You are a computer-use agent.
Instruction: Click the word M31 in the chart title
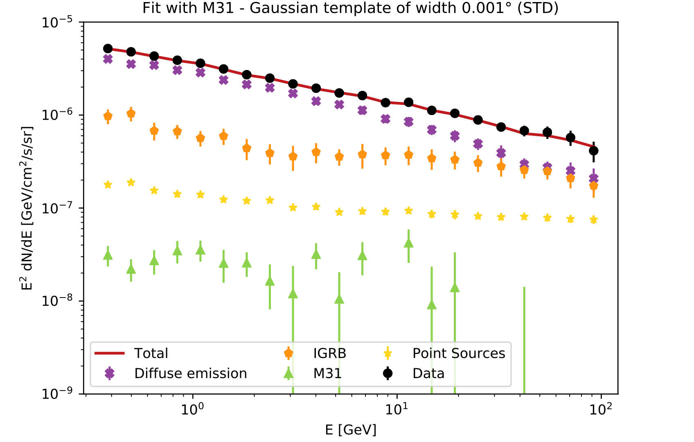pyautogui.click(x=219, y=8)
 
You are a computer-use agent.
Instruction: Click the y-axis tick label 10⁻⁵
pyautogui.click(x=61, y=22)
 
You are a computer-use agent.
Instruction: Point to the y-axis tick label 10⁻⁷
pyautogui.click(x=61, y=208)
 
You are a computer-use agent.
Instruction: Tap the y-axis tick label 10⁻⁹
pyautogui.click(x=61, y=394)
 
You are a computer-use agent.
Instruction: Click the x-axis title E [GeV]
pyautogui.click(x=351, y=430)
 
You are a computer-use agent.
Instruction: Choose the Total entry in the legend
pyautogui.click(x=151, y=353)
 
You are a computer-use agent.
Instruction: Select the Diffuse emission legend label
pyautogui.click(x=190, y=373)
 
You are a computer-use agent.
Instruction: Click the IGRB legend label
pyautogui.click(x=329, y=353)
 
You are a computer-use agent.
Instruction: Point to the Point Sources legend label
pyautogui.click(x=458, y=353)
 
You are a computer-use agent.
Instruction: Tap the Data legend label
pyautogui.click(x=428, y=373)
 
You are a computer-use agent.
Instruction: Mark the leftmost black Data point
pyautogui.click(x=108, y=49)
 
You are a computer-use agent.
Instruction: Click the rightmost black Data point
pyautogui.click(x=594, y=151)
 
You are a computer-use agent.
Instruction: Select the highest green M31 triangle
pyautogui.click(x=408, y=243)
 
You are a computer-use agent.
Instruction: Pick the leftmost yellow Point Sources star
pyautogui.click(x=108, y=185)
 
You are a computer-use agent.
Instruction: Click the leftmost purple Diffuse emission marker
pyautogui.click(x=108, y=59)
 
